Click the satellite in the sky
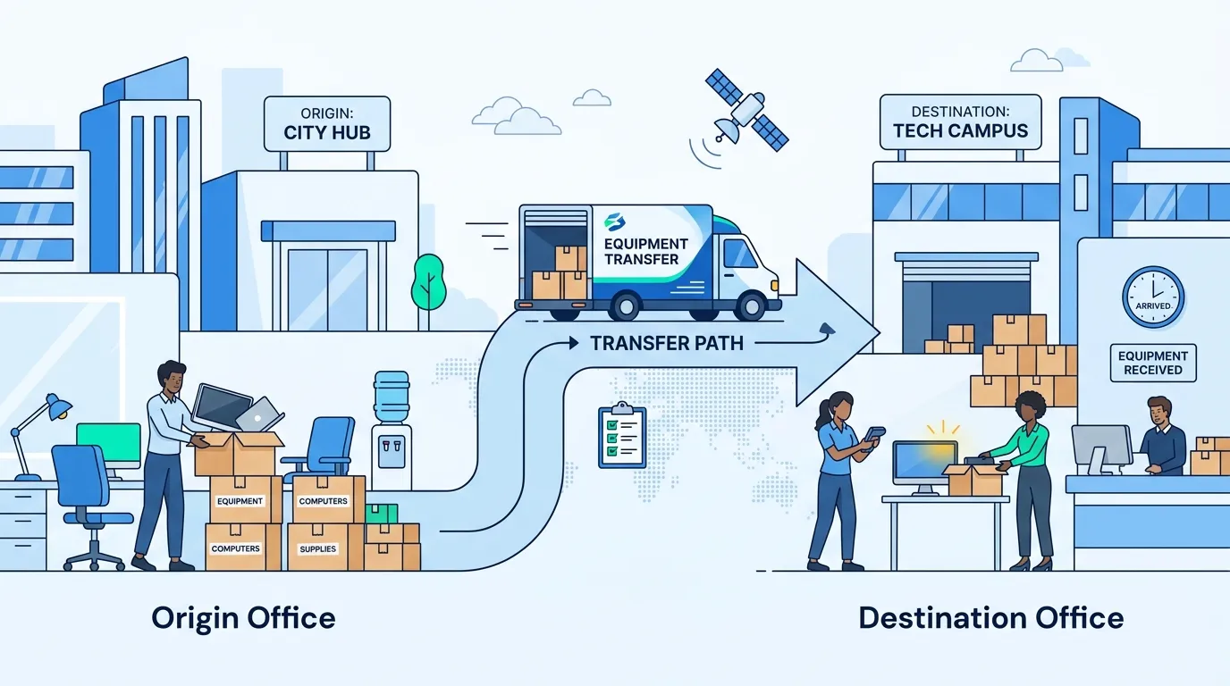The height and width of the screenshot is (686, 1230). point(747,110)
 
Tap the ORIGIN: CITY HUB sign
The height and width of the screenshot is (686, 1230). point(327,124)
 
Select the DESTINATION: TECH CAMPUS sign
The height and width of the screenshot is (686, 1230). point(960,122)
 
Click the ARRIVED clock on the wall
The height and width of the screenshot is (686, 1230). point(1153,297)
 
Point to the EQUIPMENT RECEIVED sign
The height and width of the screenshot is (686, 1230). point(1153,363)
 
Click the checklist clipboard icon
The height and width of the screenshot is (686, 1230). point(622,435)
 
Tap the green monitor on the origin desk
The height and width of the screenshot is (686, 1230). point(109,446)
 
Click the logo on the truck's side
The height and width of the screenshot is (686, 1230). point(615,222)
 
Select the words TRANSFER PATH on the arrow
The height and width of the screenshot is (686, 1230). point(667,343)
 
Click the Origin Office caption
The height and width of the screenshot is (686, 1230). point(243,618)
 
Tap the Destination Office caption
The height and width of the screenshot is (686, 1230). point(991,618)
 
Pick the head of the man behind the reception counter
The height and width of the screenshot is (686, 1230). point(1159,412)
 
